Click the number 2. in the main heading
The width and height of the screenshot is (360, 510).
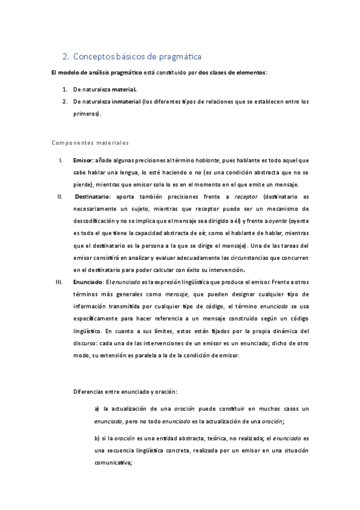coord(66,57)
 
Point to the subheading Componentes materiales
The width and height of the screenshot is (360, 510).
coord(90,143)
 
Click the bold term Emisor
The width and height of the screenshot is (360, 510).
coord(82,161)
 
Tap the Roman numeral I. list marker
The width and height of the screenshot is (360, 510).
coord(61,161)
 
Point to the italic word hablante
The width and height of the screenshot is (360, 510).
coord(209,161)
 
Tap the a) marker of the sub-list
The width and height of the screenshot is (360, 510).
coord(97,409)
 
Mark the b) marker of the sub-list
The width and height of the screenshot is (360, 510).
coord(97,438)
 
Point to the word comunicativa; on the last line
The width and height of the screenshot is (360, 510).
coord(113,462)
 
